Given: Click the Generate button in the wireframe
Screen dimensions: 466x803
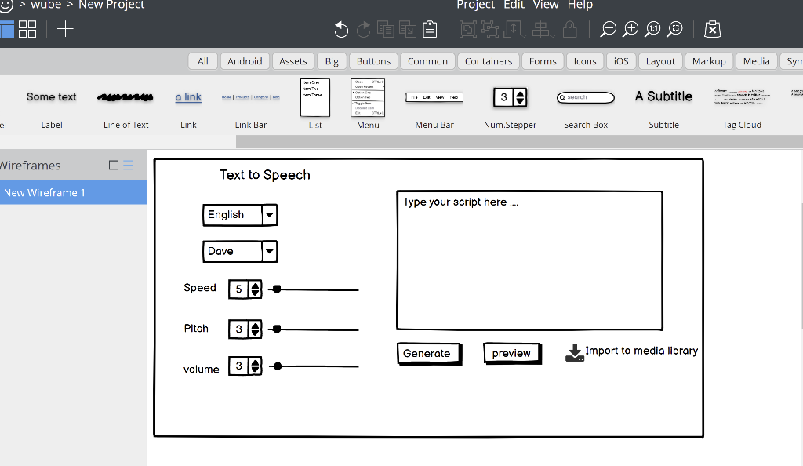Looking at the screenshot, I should click(427, 354).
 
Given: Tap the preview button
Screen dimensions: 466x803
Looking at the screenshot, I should click(512, 354).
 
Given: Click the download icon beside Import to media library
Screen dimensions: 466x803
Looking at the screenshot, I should click(575, 353).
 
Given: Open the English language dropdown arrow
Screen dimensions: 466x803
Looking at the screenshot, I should click(269, 214).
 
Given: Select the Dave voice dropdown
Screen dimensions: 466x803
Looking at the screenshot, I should click(239, 251).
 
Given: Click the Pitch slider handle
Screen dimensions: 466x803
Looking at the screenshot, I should click(277, 329).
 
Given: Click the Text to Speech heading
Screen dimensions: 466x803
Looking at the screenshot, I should click(265, 175).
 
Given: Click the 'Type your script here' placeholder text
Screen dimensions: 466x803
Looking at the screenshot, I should click(460, 202).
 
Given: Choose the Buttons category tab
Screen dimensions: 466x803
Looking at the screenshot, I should click(373, 61).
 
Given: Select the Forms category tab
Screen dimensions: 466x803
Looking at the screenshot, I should click(543, 61).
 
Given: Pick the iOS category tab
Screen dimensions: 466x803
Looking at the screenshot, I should click(621, 61).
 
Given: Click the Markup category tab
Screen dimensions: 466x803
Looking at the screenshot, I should click(709, 61).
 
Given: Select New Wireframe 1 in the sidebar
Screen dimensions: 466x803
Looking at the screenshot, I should click(45, 193).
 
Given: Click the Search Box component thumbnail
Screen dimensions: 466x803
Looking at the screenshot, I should click(586, 97).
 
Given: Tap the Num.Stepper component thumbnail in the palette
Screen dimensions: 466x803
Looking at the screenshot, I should click(510, 97).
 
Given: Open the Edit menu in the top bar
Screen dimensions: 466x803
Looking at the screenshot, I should click(514, 5).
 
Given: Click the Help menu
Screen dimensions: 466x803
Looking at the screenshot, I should click(580, 5).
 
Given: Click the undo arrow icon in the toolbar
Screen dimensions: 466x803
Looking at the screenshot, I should click(341, 30).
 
